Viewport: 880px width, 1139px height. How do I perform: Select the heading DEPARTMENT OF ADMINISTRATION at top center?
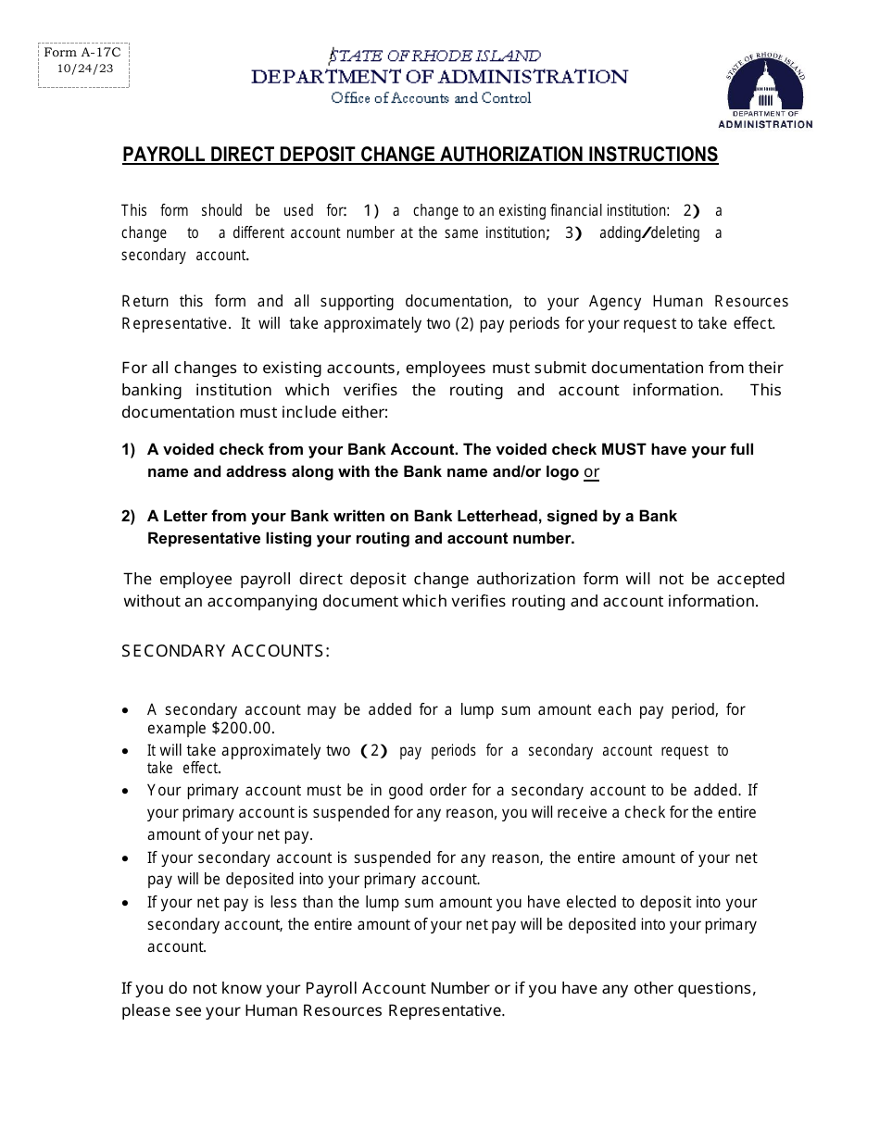439,77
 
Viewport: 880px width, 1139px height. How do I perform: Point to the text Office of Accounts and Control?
431,98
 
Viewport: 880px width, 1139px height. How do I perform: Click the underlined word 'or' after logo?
591,472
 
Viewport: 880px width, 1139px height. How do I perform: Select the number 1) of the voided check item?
129,450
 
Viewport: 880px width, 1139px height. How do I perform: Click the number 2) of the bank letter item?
129,517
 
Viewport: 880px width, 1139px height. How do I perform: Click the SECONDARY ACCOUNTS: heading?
225,651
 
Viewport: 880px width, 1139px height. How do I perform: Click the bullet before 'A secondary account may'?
126,711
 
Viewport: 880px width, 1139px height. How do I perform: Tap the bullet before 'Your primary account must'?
126,792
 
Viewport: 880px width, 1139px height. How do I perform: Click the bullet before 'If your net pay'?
126,903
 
